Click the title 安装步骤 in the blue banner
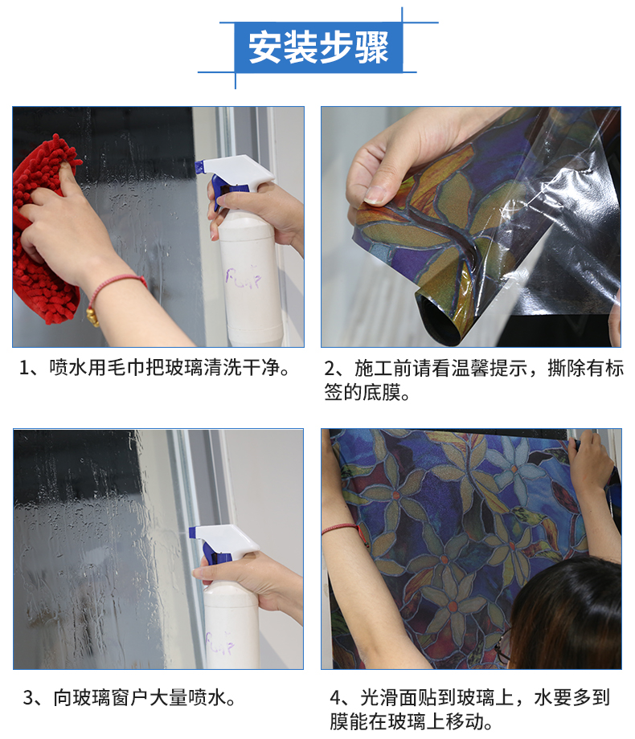pyautogui.click(x=318, y=47)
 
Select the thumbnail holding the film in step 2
pyautogui.click(x=378, y=194)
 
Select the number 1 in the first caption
pyautogui.click(x=24, y=368)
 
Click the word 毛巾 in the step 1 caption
pyautogui.click(x=117, y=368)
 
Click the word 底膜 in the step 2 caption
pyautogui.click(x=381, y=392)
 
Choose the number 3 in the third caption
pyautogui.click(x=28, y=698)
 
